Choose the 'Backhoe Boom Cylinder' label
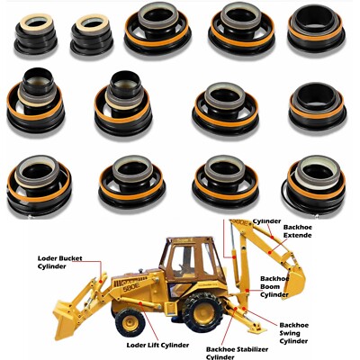pyautogui.click(x=279, y=286)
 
